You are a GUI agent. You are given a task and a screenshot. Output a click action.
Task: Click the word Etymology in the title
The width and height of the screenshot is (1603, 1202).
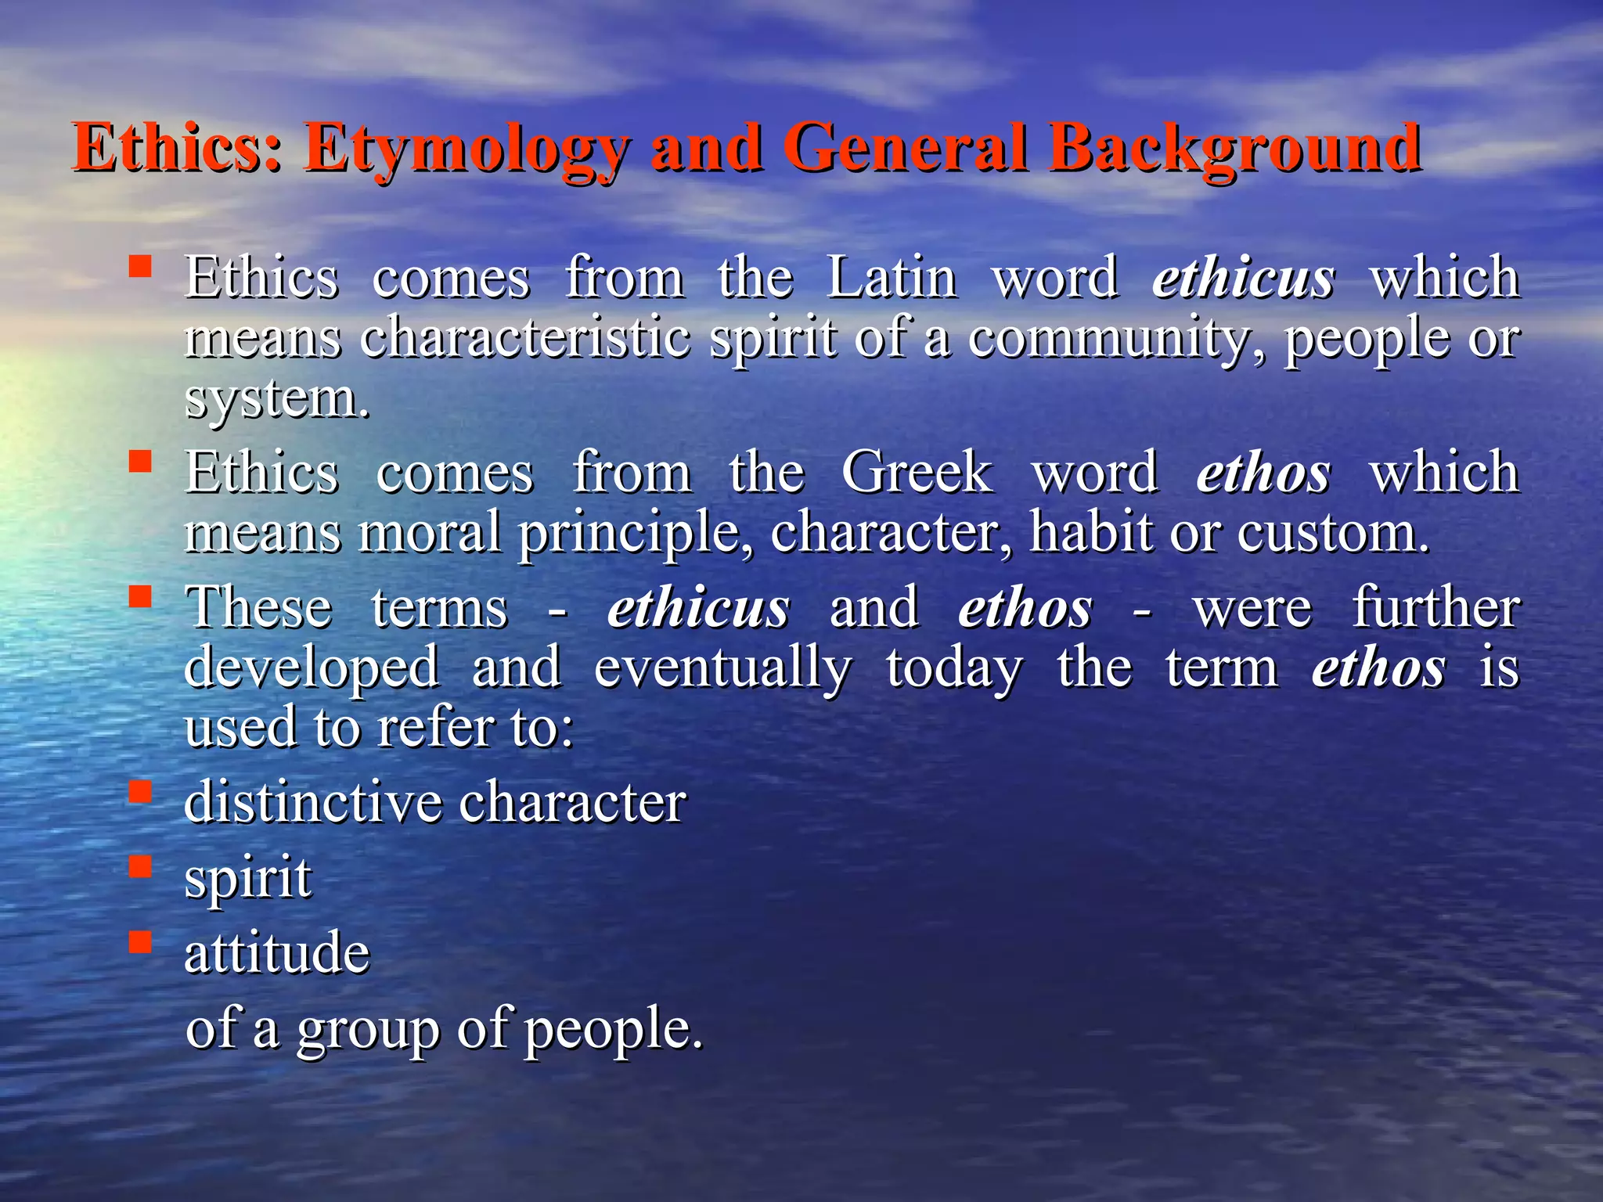[466, 149]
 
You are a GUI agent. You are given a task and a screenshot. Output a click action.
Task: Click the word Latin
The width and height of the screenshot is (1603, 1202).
[892, 278]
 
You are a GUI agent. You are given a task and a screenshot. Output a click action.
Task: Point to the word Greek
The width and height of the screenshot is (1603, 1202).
[917, 473]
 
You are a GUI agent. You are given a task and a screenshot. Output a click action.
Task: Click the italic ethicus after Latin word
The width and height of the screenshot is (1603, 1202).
[1243, 279]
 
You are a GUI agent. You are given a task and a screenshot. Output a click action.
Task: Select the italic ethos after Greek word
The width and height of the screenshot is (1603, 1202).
[1263, 473]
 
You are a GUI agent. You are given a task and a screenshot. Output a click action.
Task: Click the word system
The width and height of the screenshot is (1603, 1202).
[276, 399]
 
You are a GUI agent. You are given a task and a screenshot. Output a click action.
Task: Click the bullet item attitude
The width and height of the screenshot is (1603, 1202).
[276, 952]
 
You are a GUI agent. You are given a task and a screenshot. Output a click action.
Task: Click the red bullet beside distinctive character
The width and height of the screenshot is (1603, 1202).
[140, 792]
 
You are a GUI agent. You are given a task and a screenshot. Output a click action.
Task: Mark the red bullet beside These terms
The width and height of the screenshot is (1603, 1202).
[140, 597]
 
